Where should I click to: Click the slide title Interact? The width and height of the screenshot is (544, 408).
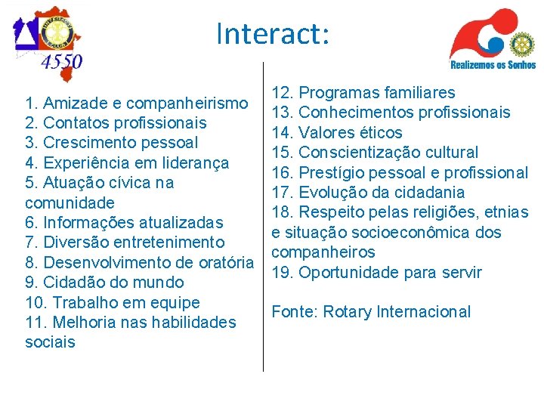tap(272, 34)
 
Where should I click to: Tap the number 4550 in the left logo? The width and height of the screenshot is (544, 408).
tap(62, 61)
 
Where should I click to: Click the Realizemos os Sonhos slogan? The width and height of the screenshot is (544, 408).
tap(493, 65)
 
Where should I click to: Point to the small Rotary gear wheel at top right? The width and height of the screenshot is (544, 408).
tap(521, 44)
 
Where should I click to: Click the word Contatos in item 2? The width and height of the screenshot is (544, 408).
tap(74, 122)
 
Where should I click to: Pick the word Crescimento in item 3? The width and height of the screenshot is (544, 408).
tap(88, 143)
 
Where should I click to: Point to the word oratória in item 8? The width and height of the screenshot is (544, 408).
tap(223, 263)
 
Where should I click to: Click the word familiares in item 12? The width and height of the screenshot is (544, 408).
tap(419, 93)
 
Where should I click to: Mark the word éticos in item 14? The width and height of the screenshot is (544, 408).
tap(378, 133)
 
